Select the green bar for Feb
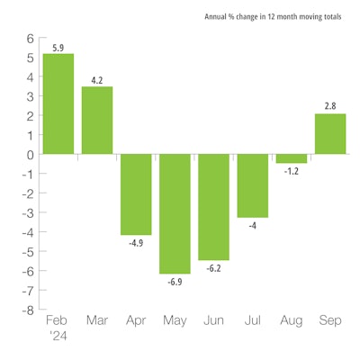[58, 103]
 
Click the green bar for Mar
[97, 120]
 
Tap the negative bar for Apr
[136, 193]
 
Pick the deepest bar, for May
[175, 213]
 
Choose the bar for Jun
[214, 207]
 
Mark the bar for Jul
[253, 185]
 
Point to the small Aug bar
[292, 158]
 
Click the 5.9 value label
[58, 47]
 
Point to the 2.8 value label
[330, 106]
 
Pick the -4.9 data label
[136, 242]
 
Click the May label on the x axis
[175, 320]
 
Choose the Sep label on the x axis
[330, 320]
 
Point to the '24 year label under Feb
[58, 336]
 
